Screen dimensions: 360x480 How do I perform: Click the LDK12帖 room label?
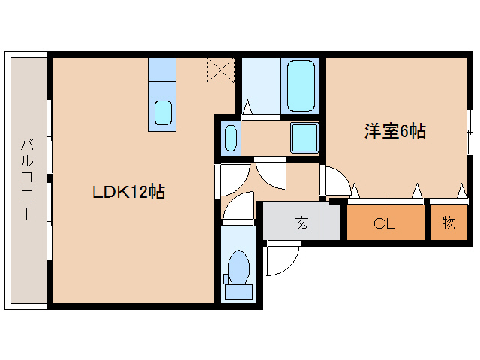coord(128,192)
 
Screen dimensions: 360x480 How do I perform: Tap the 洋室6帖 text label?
coord(395,132)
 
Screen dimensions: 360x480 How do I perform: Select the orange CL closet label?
coord(385,223)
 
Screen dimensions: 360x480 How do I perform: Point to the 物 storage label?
coord(448,223)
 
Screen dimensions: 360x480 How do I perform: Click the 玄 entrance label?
coord(301,223)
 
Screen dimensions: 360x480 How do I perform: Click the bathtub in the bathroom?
coord(301,86)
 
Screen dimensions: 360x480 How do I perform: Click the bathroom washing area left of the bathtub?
coord(262,86)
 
